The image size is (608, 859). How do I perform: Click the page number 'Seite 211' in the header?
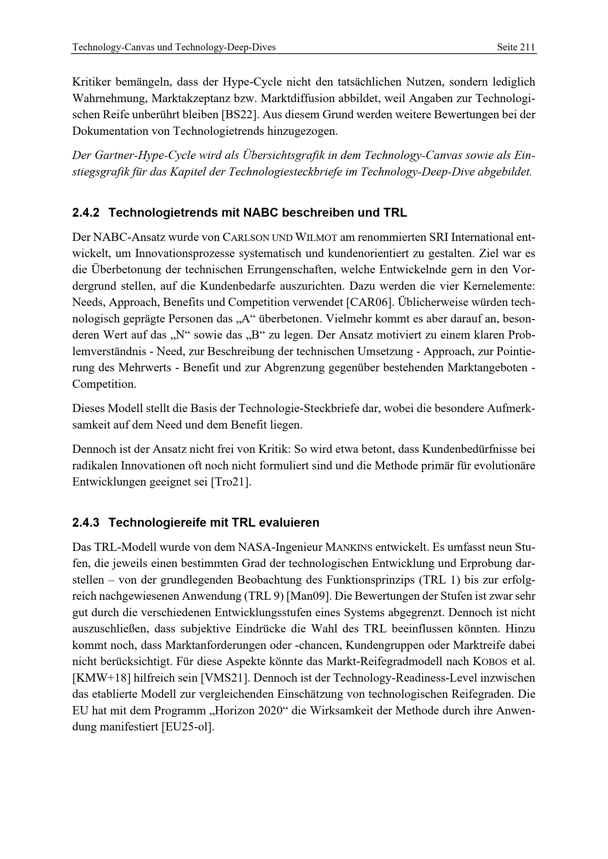click(x=516, y=47)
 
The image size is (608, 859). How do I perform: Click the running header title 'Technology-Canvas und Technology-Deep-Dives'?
click(x=174, y=47)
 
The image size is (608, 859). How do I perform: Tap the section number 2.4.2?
click(x=86, y=213)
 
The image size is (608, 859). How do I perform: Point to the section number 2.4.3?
click(x=86, y=522)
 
